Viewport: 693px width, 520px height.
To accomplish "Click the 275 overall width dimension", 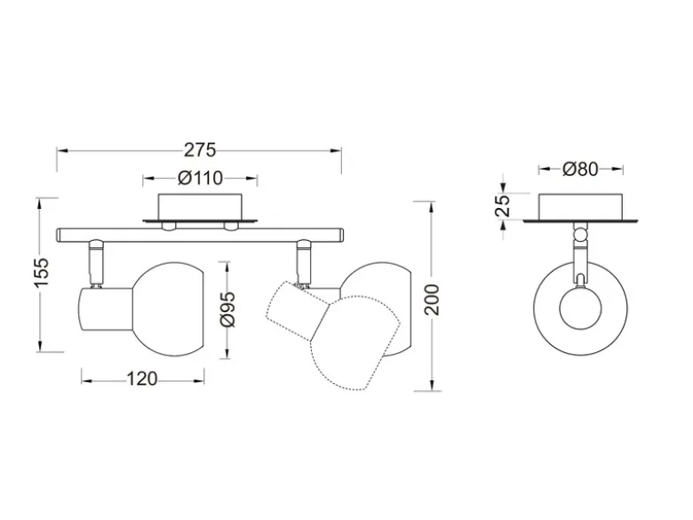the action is click(x=200, y=150).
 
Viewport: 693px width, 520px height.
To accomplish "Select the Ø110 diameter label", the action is click(x=200, y=178).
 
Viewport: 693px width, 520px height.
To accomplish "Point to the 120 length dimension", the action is click(x=142, y=379).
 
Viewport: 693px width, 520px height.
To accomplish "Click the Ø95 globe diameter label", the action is click(x=228, y=309).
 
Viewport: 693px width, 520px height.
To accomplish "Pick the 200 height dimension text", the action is click(x=433, y=300).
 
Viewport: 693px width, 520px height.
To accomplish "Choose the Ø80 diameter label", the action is click(x=580, y=169).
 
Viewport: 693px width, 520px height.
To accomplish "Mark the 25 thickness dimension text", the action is click(x=503, y=205).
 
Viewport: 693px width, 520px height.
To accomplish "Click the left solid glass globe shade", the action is click(x=168, y=309).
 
